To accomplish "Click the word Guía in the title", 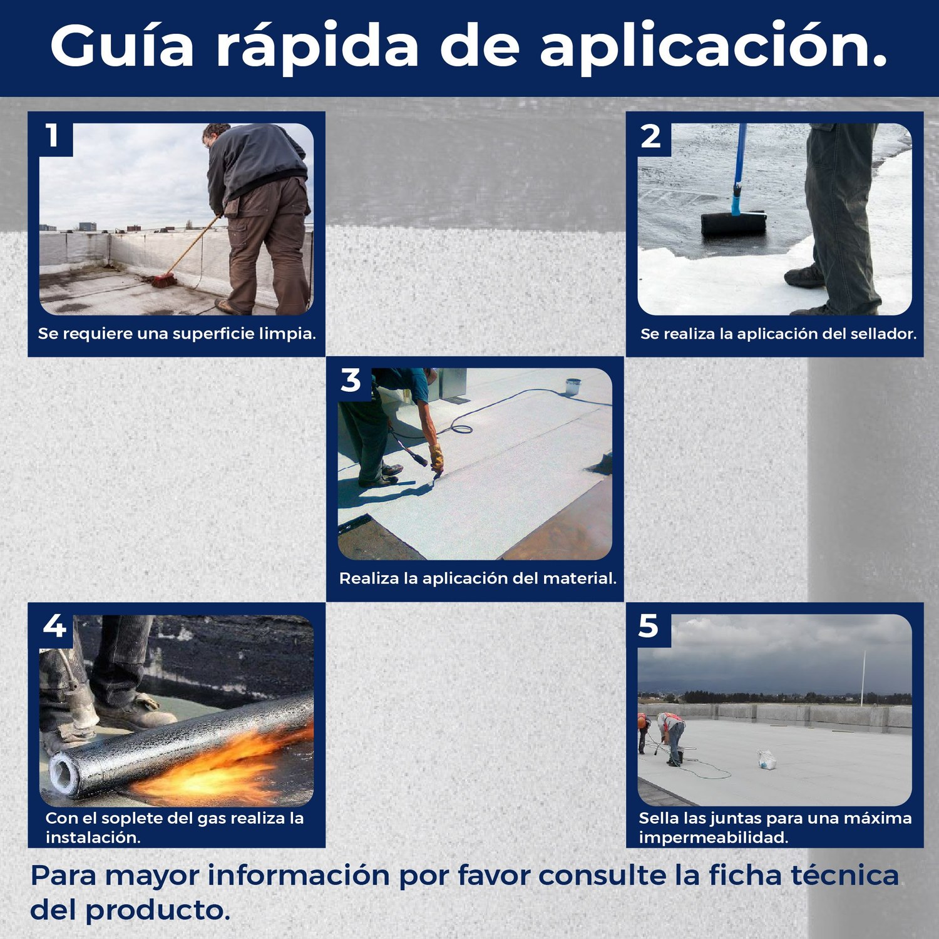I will pyautogui.click(x=122, y=46).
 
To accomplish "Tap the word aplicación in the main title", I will pyautogui.click(x=714, y=48).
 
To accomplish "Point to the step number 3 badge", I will pyautogui.click(x=351, y=380).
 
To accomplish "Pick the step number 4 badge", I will pyautogui.click(x=54, y=625).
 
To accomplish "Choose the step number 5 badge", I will pyautogui.click(x=649, y=626).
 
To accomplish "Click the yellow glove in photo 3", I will pyautogui.click(x=436, y=458).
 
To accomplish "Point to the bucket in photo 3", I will pyautogui.click(x=573, y=386).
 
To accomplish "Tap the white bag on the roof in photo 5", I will pyautogui.click(x=767, y=760).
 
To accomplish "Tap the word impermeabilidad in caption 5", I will pyautogui.click(x=713, y=838).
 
